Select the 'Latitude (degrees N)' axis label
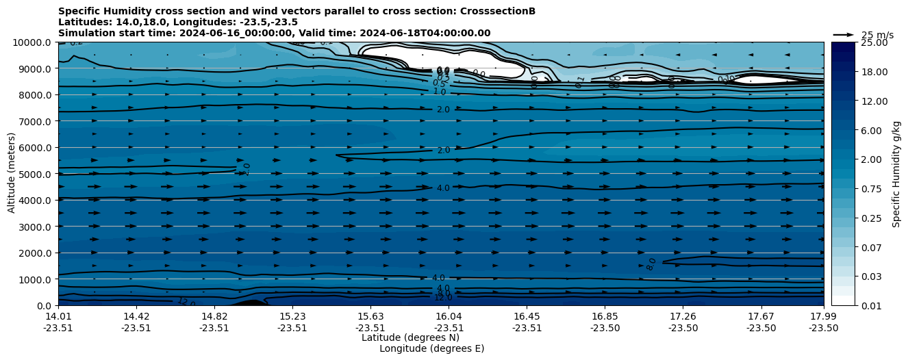pos(410,337)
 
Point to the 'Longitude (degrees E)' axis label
pos(431,348)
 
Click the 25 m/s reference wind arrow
pos(843,34)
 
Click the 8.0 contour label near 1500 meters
pos(651,264)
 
